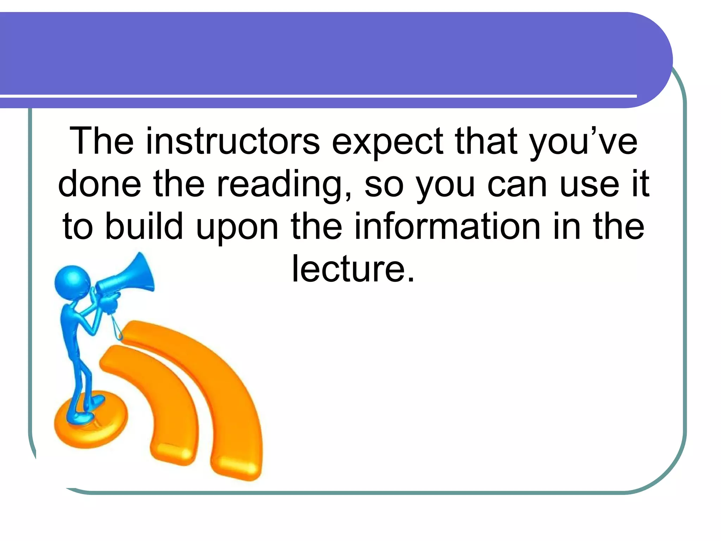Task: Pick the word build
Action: click(x=144, y=226)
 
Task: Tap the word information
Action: click(x=447, y=226)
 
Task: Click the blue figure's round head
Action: click(x=73, y=282)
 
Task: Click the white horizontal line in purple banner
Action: click(x=317, y=96)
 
